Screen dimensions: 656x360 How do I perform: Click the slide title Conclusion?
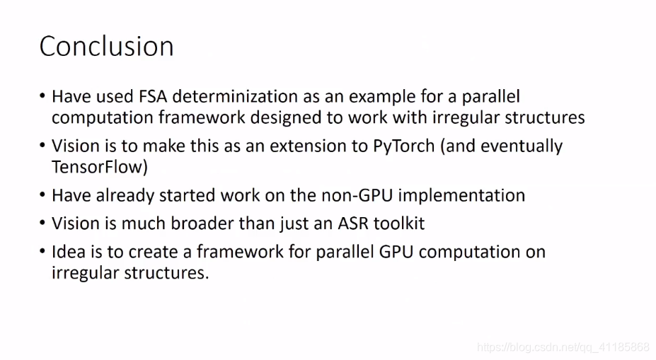(x=107, y=46)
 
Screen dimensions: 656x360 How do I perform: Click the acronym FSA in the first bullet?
(x=153, y=97)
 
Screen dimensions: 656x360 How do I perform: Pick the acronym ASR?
(x=353, y=223)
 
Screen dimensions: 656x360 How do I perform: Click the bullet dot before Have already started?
(x=42, y=194)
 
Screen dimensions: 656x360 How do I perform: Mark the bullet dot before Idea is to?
(x=42, y=252)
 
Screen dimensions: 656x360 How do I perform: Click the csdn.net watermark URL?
(x=563, y=347)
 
